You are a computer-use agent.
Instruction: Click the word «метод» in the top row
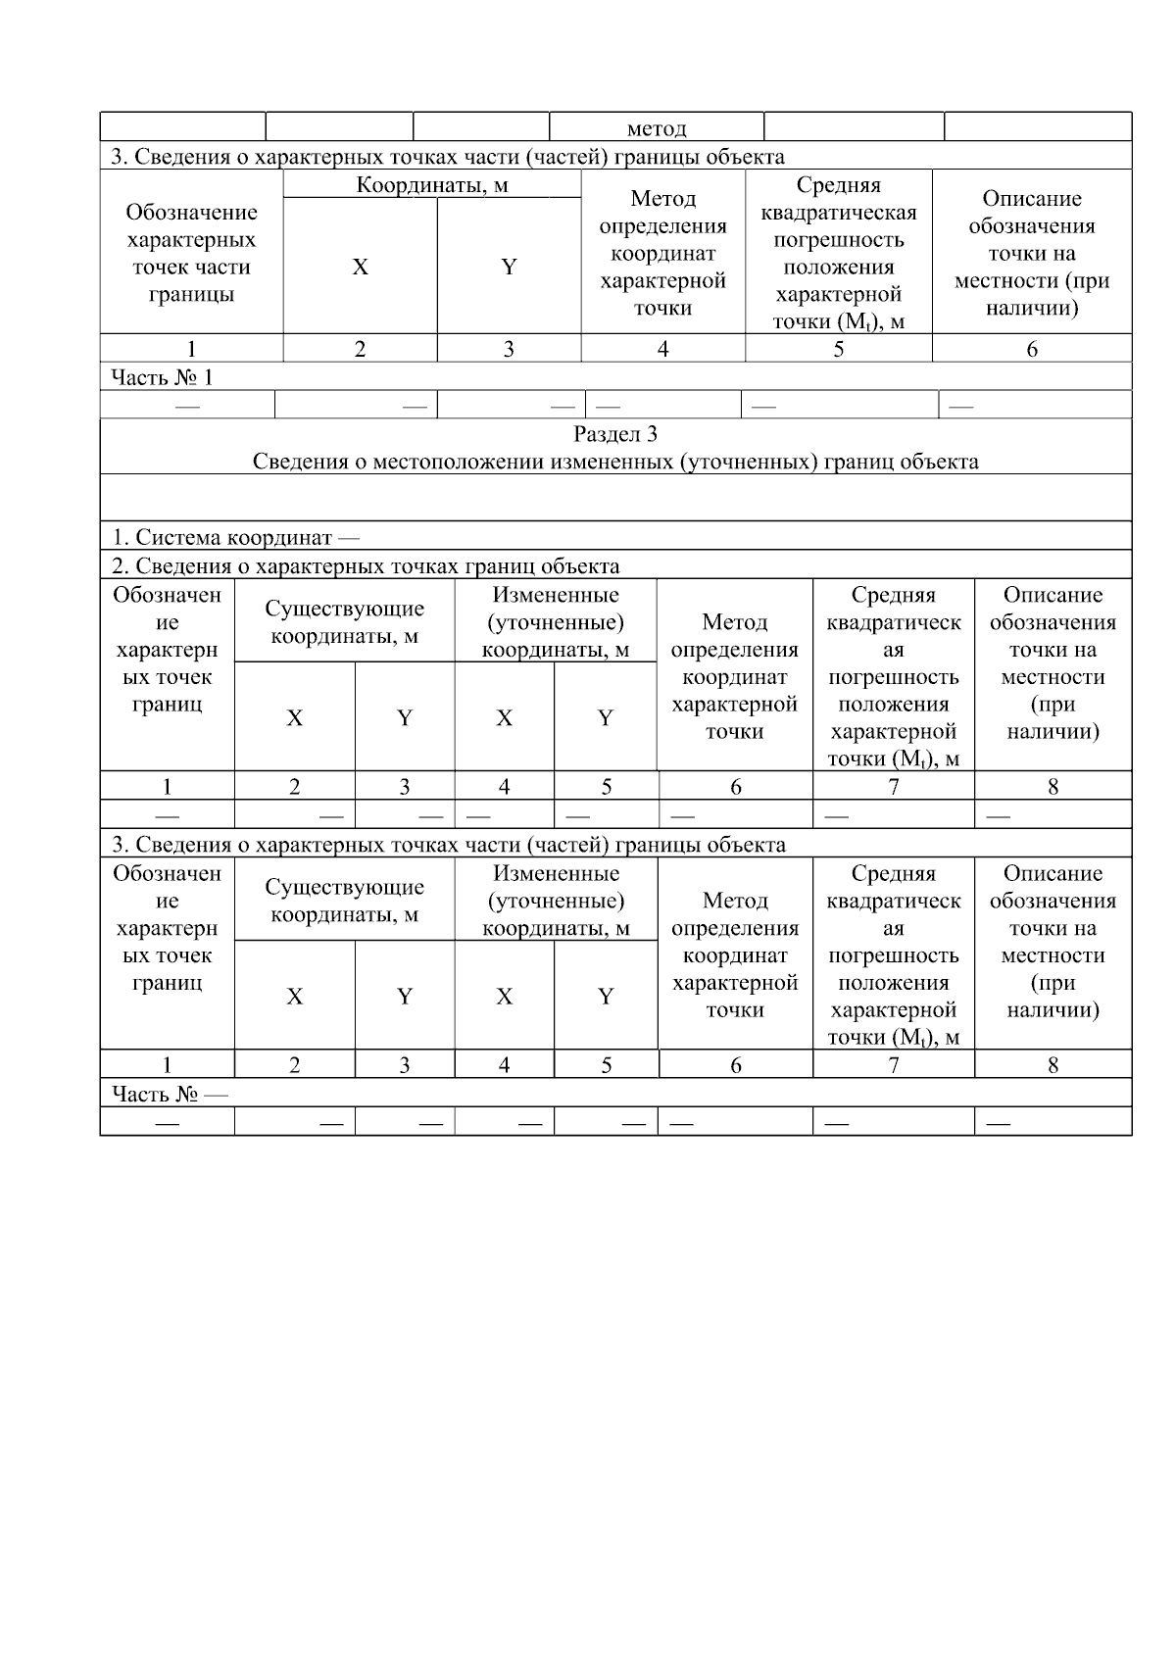coord(656,128)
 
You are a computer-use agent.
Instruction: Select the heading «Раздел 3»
coord(615,434)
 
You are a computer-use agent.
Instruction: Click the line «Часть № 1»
coord(162,378)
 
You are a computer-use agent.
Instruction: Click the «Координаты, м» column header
coord(432,185)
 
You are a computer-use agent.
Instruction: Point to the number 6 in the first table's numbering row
coord(1031,350)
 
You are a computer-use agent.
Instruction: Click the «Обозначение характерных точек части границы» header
coord(191,253)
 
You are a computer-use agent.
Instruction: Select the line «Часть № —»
coord(170,1095)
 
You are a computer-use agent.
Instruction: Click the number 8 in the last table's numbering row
coord(1053,1065)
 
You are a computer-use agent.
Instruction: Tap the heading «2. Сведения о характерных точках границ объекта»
coord(365,566)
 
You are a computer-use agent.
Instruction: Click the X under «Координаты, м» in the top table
coord(360,268)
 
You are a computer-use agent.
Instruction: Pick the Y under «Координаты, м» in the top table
coord(509,268)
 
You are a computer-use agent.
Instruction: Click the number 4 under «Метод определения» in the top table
coord(662,350)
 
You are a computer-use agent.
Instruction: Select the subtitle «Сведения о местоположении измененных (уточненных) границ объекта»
coord(615,462)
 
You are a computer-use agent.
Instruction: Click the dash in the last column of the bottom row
coord(998,1123)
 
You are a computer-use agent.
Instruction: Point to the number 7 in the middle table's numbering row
coord(893,787)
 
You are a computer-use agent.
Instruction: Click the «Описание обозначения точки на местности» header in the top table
coord(1031,253)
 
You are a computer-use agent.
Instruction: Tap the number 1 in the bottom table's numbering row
coord(167,1065)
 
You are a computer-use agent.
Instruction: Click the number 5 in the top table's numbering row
coord(838,350)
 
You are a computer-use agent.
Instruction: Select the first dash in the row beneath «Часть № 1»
coord(187,406)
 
